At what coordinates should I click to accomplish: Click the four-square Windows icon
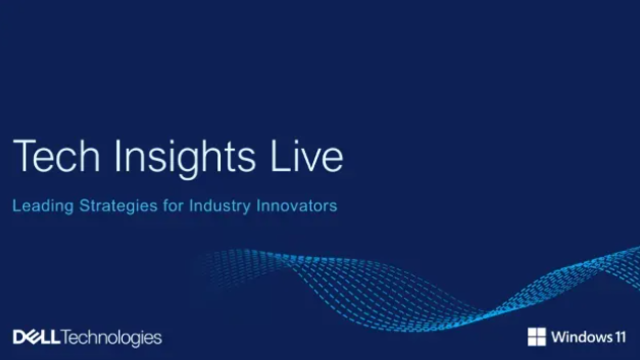pos(537,336)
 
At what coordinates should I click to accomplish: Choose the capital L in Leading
pos(16,207)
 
